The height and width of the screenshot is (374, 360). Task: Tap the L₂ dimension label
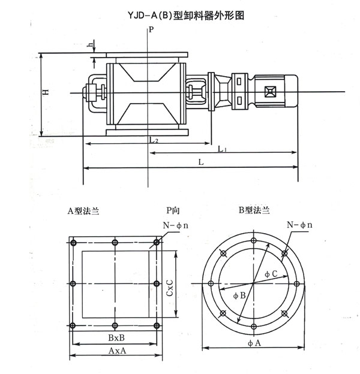click(x=154, y=140)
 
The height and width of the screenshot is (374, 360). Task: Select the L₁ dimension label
click(x=222, y=149)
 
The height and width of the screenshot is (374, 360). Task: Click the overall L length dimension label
click(x=200, y=162)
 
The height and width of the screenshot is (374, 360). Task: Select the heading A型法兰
click(x=83, y=211)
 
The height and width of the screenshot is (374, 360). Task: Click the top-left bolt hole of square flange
click(x=73, y=242)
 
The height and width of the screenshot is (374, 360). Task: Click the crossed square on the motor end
click(x=268, y=92)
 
